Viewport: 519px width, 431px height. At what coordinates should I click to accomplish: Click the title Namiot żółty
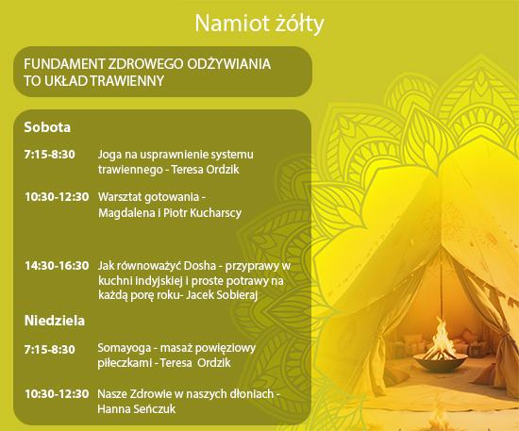click(259, 24)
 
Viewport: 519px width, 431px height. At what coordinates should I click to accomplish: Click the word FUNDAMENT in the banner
click(64, 64)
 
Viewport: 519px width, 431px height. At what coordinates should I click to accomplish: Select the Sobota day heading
click(47, 127)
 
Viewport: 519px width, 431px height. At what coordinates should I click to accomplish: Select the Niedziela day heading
click(55, 321)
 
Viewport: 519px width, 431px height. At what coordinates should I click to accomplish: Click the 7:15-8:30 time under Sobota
click(50, 155)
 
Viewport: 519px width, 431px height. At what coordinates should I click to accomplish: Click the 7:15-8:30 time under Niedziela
click(50, 350)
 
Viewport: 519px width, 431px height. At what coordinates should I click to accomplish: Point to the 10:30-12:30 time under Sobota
click(57, 197)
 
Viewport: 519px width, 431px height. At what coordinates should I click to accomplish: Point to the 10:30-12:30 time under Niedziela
click(57, 394)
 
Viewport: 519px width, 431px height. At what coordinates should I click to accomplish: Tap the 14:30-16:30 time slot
click(57, 266)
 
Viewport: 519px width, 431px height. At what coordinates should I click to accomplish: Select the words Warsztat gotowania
click(148, 198)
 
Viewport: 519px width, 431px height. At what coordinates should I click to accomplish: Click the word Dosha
click(200, 266)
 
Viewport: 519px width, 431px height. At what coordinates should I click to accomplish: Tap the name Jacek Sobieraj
click(222, 295)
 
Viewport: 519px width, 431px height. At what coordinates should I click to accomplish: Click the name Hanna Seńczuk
click(137, 409)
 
